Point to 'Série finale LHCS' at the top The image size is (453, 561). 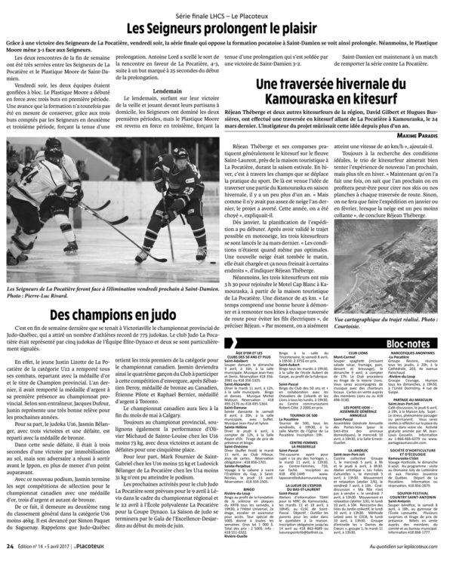pyautogui.click(x=198, y=10)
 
